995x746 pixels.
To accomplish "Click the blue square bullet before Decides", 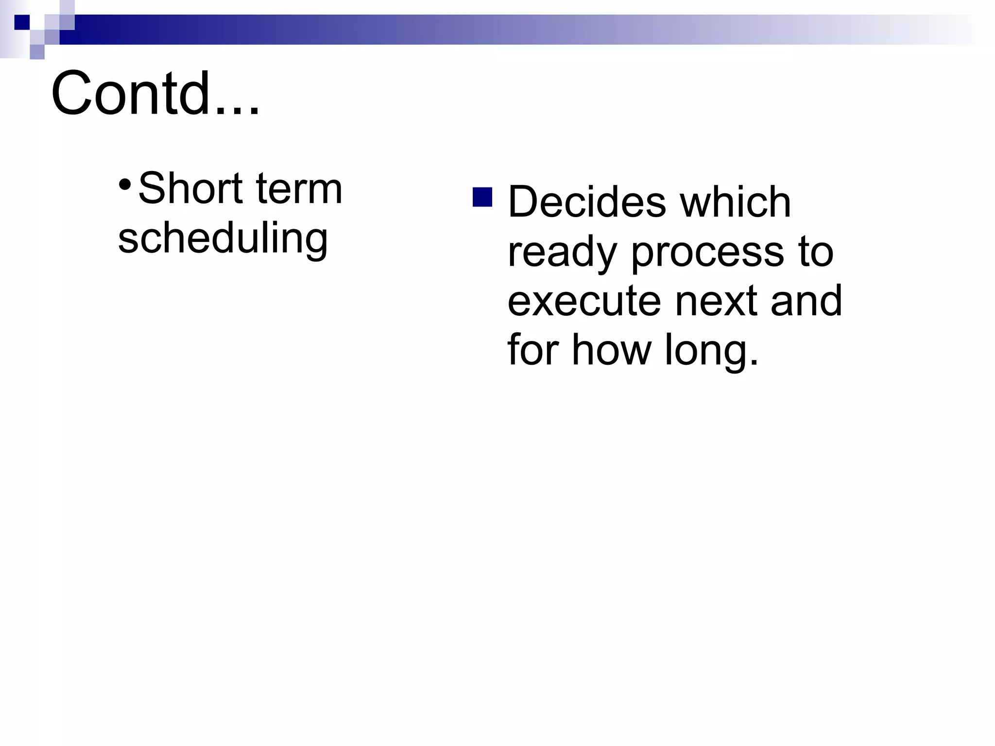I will coord(482,197).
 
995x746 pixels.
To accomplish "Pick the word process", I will coord(707,253).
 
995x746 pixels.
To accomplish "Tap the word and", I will coord(806,301).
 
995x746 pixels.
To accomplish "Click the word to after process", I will coord(816,253).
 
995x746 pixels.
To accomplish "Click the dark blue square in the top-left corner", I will coord(22,22).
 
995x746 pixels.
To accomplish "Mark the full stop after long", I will coord(754,362).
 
